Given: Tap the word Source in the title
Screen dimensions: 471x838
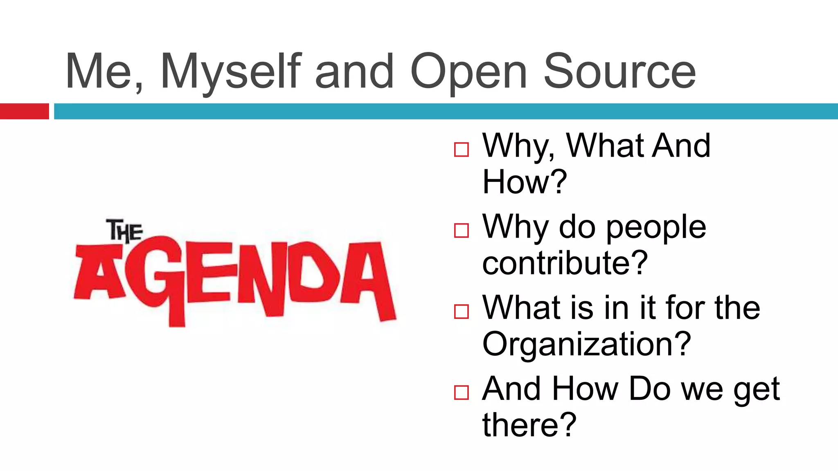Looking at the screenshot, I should (619, 72).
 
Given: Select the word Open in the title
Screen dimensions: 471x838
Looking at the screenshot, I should (469, 72).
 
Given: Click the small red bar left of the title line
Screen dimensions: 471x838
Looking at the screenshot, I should (24, 111).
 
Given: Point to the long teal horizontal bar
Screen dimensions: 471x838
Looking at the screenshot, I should (446, 111).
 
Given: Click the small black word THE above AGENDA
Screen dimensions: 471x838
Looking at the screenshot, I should (124, 231).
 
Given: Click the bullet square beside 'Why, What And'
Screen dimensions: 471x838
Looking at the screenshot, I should (461, 150).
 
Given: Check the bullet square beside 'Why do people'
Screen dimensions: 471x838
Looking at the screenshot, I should (461, 231).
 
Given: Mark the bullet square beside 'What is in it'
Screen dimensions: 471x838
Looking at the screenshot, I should (461, 312).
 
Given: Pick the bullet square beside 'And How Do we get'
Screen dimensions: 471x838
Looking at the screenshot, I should (461, 392).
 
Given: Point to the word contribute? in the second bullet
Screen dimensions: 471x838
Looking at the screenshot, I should (565, 262).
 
